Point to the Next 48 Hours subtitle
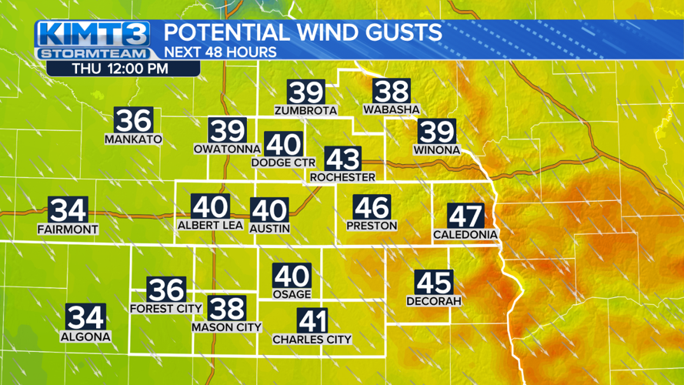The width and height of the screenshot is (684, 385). point(220,53)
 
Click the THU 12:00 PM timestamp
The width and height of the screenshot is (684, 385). point(121,68)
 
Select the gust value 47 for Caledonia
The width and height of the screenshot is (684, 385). point(465,215)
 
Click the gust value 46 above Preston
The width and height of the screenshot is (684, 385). point(372,206)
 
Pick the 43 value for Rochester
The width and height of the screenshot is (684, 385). point(342,159)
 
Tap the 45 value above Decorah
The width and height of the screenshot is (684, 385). point(434,282)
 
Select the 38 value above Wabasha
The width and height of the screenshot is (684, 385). point(391,92)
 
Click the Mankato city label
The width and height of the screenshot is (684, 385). point(134,139)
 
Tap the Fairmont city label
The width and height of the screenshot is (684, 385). point(68,229)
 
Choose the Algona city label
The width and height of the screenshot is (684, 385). point(85,336)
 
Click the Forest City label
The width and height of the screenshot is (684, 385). point(166,309)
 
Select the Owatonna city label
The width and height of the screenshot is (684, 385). point(227,148)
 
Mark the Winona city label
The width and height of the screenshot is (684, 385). point(435,149)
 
